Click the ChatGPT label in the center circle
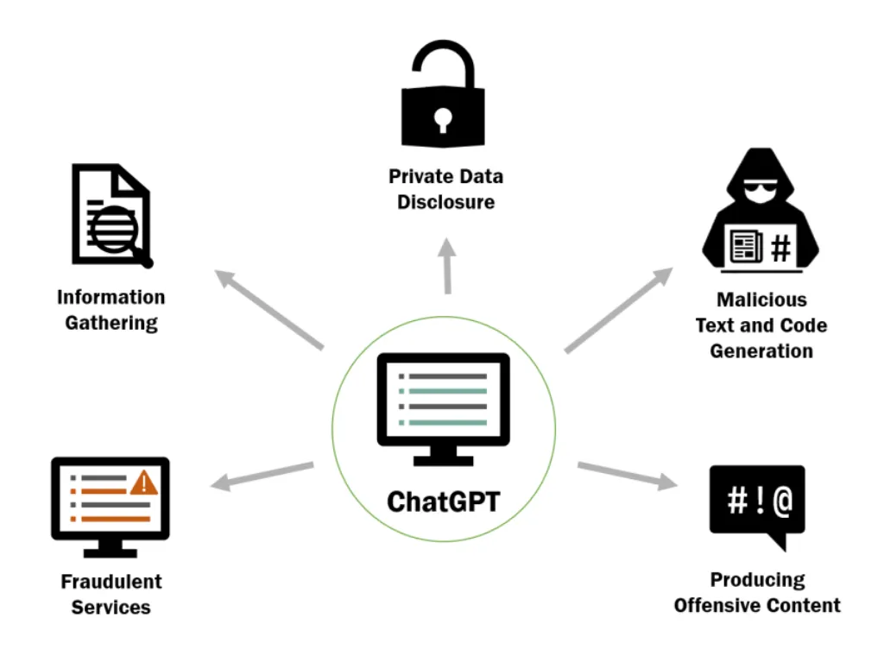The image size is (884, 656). (x=443, y=501)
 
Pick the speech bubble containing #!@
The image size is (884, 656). (x=756, y=505)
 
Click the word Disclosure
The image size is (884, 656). (x=445, y=203)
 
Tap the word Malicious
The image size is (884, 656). (x=762, y=300)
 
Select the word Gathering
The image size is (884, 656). (x=111, y=324)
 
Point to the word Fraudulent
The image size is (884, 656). (x=111, y=581)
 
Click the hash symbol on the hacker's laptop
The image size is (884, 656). (x=780, y=249)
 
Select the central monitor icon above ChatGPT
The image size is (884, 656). (x=443, y=406)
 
